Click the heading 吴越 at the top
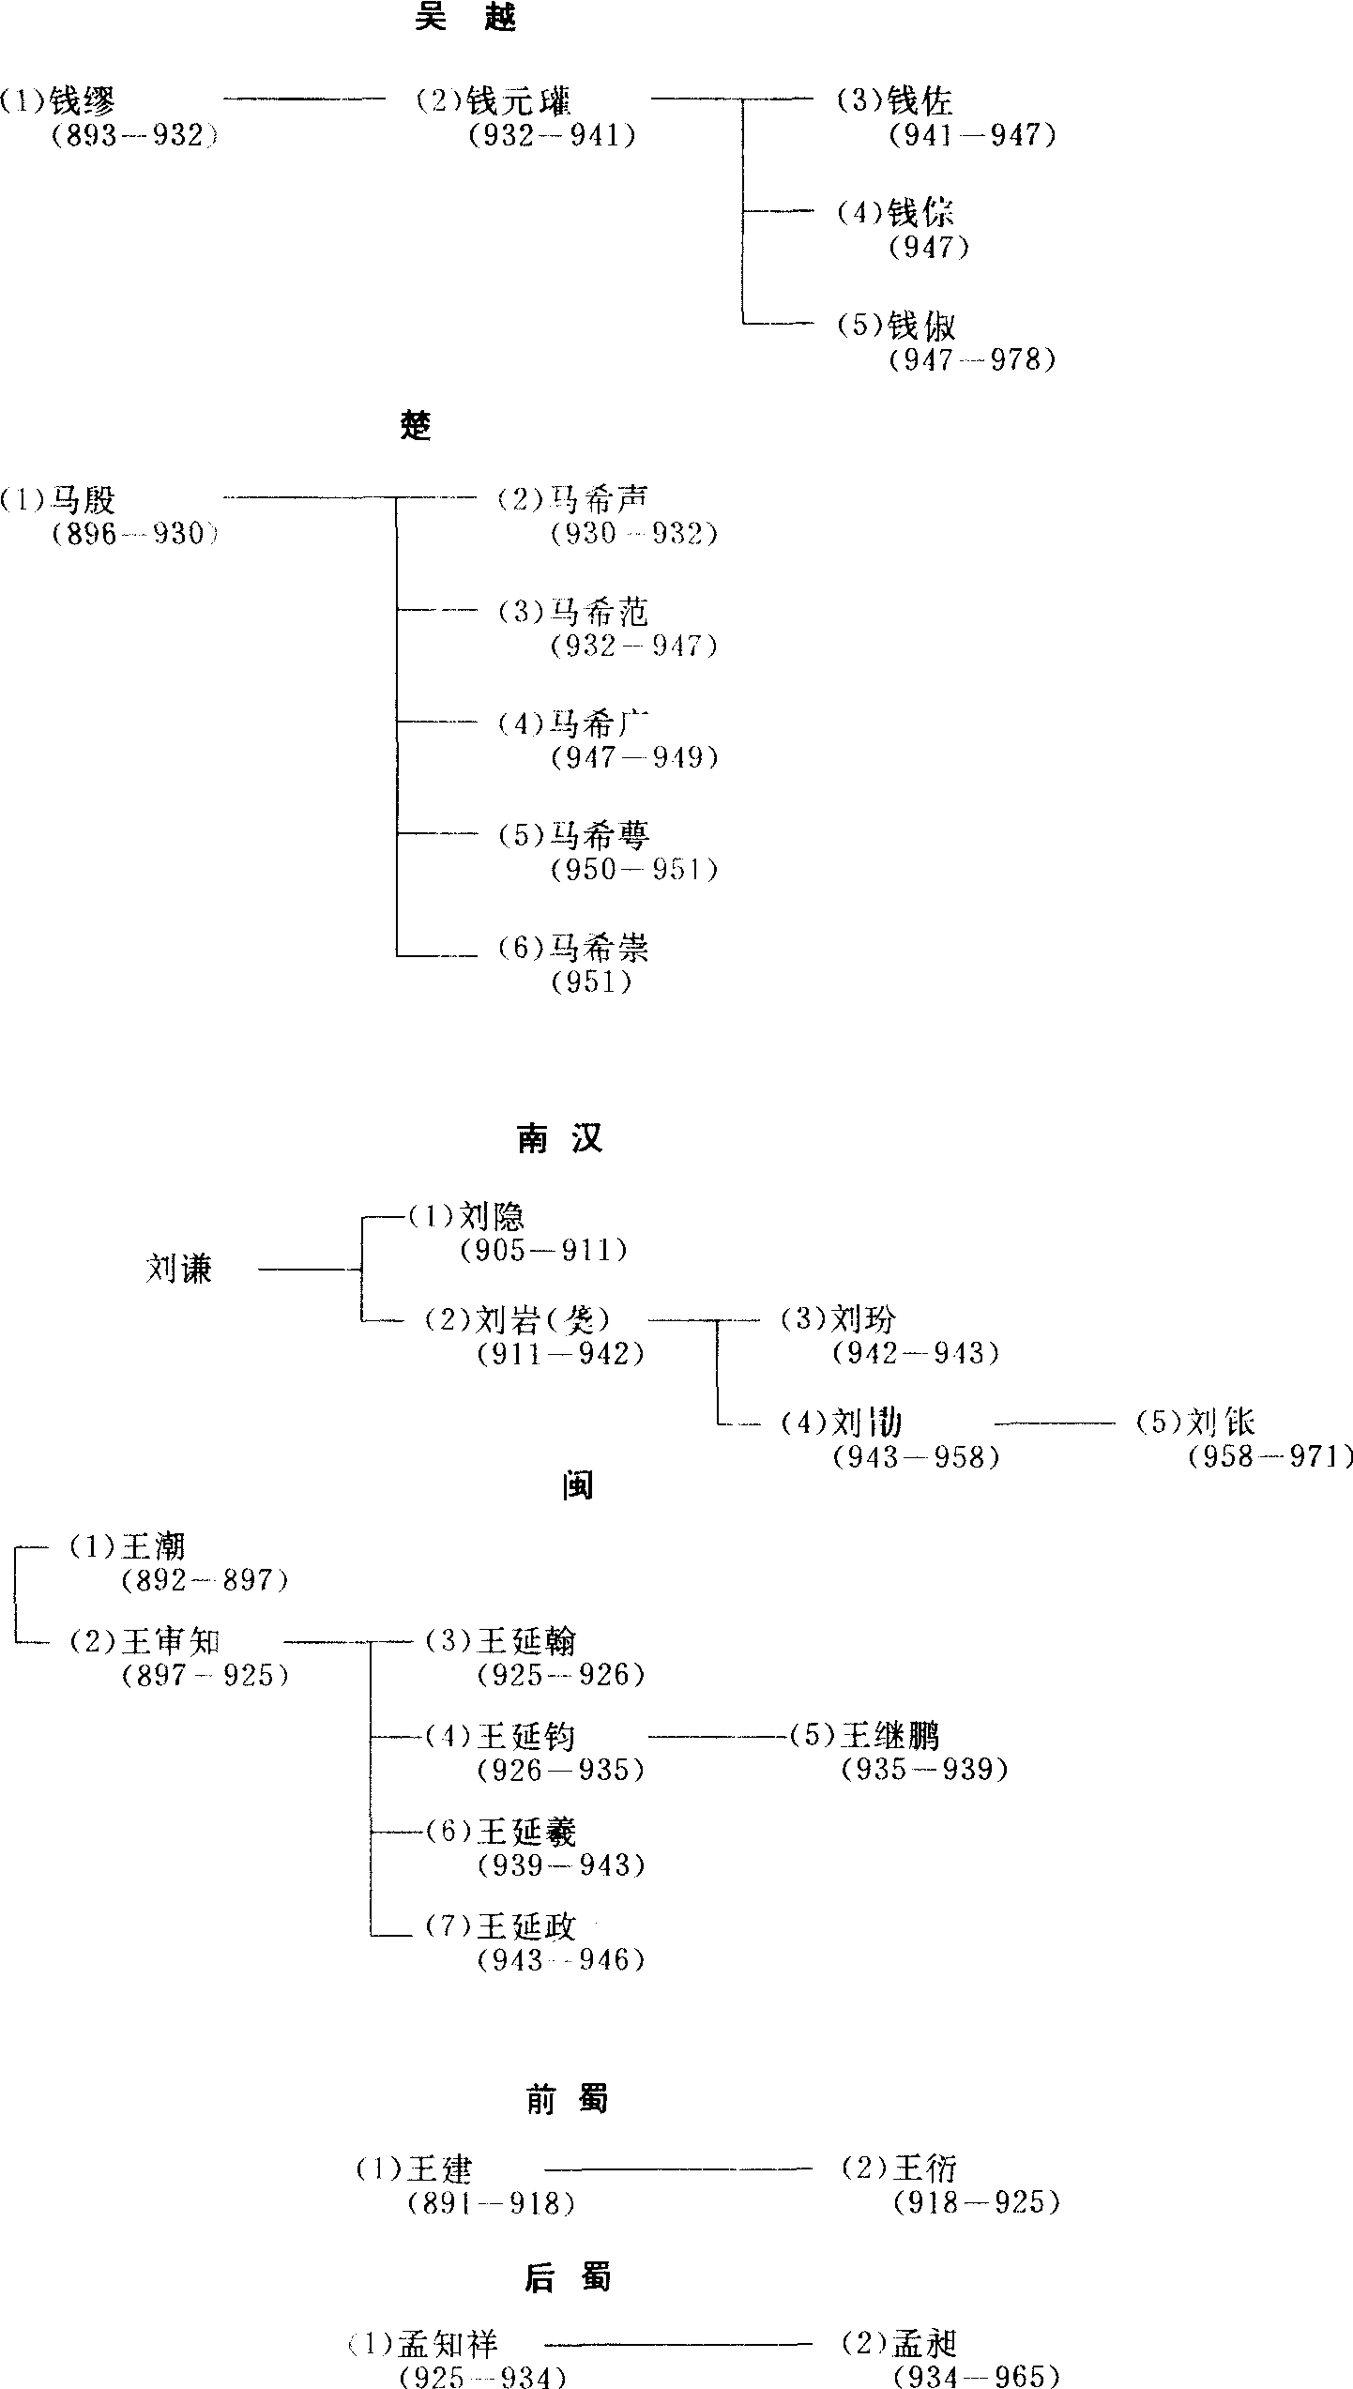[x=465, y=18]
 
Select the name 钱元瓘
[x=519, y=101]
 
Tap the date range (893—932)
[x=135, y=136]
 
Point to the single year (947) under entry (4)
[x=929, y=248]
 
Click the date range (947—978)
[x=972, y=359]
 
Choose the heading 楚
[x=416, y=426]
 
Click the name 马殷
[x=84, y=500]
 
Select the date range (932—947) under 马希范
[x=634, y=646]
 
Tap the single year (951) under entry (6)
[x=591, y=981]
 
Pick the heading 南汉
[x=559, y=1138]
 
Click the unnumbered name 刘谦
[x=179, y=1270]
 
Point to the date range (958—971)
[x=1271, y=1457]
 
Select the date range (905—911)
[x=543, y=1251]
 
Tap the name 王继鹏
[x=889, y=1737]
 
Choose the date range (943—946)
[x=561, y=1960]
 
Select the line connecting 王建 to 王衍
[x=677, y=2168]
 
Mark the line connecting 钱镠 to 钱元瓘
[x=305, y=98]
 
